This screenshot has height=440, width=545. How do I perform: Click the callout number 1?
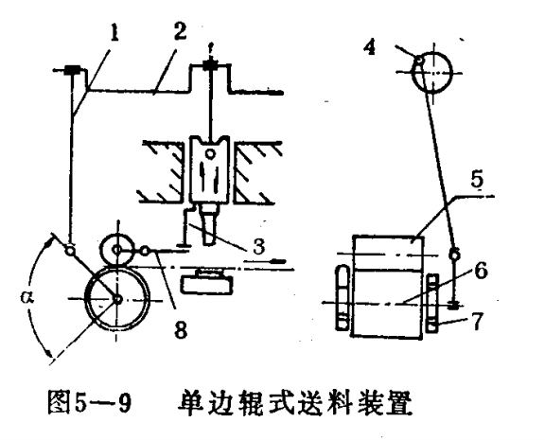[114, 33]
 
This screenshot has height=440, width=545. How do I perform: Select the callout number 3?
[259, 246]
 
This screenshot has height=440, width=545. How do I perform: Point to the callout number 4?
[369, 46]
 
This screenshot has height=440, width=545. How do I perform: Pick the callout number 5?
[477, 180]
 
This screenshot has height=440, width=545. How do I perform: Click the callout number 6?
[481, 270]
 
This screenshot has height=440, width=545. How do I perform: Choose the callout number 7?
[477, 321]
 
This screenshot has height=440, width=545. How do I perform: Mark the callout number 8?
[181, 329]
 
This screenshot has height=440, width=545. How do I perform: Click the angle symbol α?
[26, 297]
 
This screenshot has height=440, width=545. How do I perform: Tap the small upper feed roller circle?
[117, 249]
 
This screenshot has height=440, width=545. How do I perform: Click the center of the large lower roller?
[117, 299]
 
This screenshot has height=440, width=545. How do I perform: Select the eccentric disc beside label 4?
[432, 72]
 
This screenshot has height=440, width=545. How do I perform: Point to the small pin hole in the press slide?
[210, 153]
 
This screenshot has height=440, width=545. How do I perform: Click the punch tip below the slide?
[208, 239]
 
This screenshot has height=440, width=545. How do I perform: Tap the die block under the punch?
[207, 282]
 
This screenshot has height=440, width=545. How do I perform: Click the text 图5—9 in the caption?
[90, 402]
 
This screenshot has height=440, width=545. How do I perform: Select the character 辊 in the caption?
[249, 402]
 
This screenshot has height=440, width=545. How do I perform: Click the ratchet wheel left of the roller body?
[343, 297]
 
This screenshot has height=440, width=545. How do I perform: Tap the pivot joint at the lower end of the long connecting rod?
[454, 255]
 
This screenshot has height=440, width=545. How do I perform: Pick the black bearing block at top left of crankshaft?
[72, 69]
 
